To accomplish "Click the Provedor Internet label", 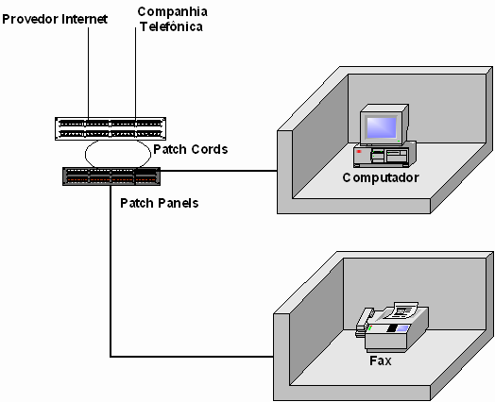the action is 55,19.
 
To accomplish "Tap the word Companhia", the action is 172,12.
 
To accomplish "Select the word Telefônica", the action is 171,26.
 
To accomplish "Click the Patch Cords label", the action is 191,149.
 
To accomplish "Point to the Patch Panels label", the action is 160,203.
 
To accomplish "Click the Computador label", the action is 381,177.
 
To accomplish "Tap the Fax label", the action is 381,360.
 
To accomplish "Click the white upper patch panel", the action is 111,128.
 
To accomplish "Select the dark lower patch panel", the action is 111,176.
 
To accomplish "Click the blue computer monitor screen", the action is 381,127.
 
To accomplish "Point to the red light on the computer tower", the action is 359,152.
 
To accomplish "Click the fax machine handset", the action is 364,321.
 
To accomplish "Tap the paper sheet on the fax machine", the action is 404,310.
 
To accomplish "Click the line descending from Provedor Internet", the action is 89,73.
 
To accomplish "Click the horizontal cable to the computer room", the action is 219,171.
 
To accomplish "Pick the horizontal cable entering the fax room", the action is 192,357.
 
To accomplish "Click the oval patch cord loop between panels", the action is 85,154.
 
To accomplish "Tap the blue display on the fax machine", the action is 402,328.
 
